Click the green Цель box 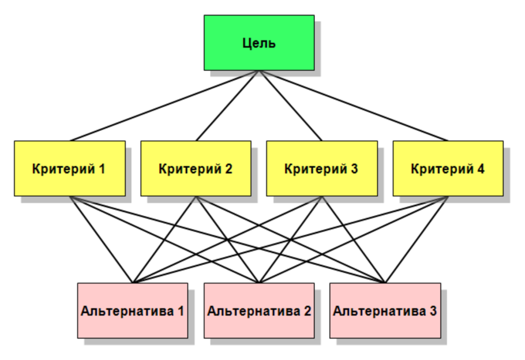[259, 43]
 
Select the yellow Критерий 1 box [70, 168]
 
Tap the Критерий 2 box [196, 168]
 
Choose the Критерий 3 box [321, 168]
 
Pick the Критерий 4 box [448, 168]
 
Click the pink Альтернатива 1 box [133, 310]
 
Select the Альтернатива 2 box [259, 310]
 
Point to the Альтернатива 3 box [385, 310]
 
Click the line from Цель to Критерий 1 [164, 106]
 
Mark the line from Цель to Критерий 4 [354, 106]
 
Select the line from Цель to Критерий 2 [227, 106]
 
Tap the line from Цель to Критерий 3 [291, 106]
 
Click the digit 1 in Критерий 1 [102, 169]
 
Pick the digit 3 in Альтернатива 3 [433, 311]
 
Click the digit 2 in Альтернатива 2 [307, 311]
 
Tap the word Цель [259, 43]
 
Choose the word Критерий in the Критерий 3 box [315, 169]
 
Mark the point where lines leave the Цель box [259, 71]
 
